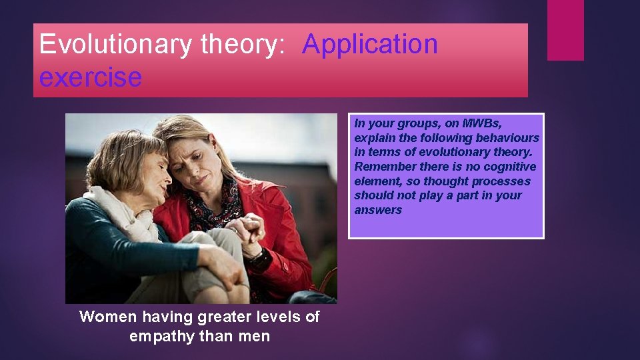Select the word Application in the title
(x=370, y=45)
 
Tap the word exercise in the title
(x=90, y=77)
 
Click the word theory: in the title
(x=243, y=45)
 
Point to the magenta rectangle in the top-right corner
(x=565, y=30)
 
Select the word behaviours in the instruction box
(x=511, y=138)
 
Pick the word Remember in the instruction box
(x=379, y=167)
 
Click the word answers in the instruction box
(x=378, y=210)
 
